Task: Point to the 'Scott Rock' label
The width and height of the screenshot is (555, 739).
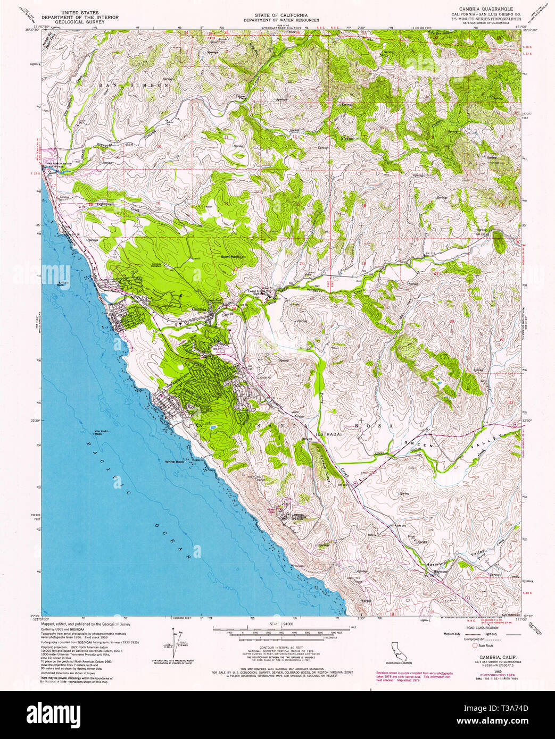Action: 230,256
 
